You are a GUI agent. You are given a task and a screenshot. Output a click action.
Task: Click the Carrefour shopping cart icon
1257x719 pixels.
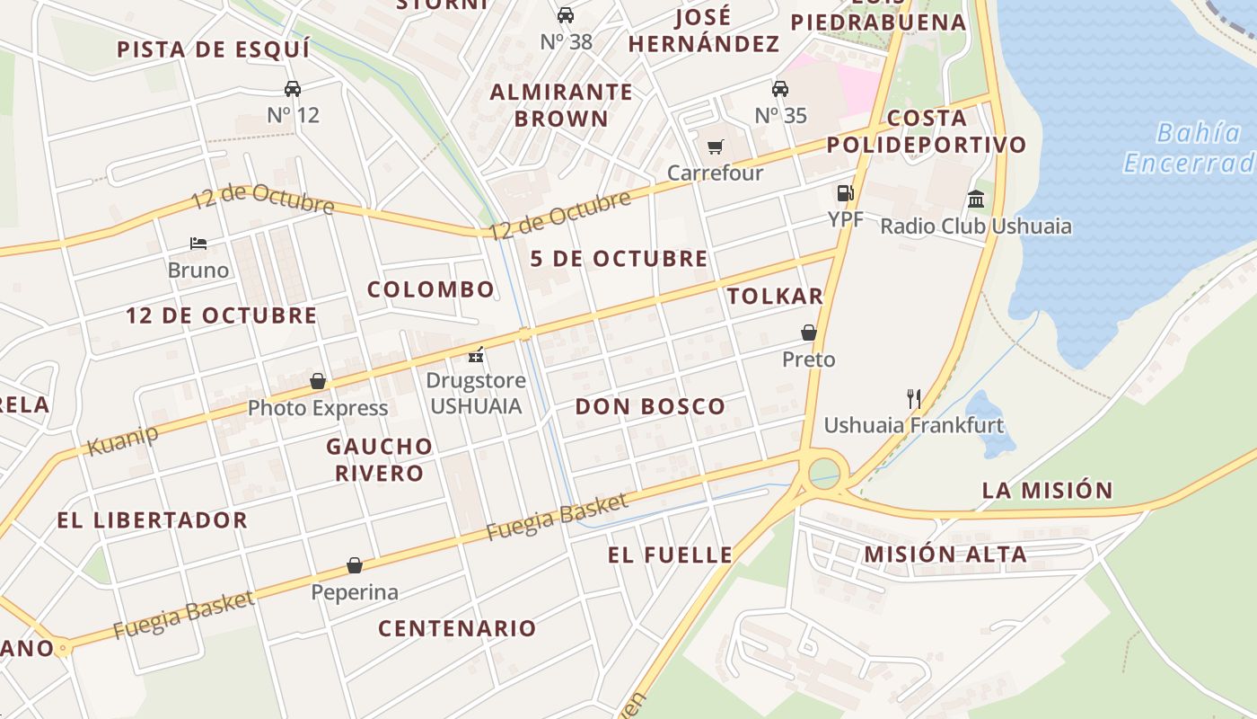point(716,146)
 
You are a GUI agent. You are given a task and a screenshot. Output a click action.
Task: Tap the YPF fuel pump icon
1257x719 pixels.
point(844,192)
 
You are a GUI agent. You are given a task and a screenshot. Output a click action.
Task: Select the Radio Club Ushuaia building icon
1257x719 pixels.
point(976,199)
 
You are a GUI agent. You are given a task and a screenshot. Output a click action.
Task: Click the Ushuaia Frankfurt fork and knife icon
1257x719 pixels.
point(914,398)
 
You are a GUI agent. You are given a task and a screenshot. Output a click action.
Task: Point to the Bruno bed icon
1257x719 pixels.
point(198,244)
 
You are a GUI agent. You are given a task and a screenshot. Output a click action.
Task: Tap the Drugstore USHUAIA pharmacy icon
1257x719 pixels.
point(476,355)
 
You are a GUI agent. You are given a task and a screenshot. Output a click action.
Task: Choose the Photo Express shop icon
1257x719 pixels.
point(317,381)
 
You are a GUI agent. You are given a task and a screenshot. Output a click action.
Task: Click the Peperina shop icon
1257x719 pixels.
point(355,565)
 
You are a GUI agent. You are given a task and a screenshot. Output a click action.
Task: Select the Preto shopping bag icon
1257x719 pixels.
point(809,333)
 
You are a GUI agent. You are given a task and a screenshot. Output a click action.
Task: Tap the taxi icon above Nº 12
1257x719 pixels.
point(293,88)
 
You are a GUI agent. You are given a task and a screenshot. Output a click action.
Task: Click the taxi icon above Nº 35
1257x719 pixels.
point(780,88)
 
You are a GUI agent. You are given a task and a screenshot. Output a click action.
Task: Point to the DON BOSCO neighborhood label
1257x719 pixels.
point(650,406)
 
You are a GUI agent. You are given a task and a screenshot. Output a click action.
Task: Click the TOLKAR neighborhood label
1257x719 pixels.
point(775,297)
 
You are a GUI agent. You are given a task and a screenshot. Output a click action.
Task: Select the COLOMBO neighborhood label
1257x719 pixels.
point(431,289)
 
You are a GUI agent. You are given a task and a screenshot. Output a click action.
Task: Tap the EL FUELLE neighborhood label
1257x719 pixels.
point(670,555)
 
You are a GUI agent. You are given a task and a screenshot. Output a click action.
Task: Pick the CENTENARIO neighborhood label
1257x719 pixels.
point(457,628)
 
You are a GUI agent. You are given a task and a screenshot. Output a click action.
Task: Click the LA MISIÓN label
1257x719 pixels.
point(1047,491)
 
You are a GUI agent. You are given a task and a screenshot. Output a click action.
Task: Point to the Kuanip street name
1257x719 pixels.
point(123,439)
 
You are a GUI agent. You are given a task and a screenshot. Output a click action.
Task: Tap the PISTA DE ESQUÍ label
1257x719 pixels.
point(214,49)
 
